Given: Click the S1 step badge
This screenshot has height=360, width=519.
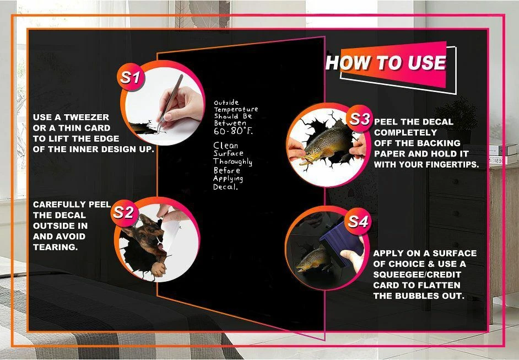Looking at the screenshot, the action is (x=130, y=77).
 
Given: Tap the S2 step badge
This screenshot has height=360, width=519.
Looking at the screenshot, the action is (x=124, y=212).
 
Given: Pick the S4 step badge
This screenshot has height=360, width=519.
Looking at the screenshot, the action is (x=358, y=222).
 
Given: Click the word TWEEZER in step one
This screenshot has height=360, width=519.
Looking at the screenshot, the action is (x=86, y=117).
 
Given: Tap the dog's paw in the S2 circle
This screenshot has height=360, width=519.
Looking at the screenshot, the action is (x=159, y=269).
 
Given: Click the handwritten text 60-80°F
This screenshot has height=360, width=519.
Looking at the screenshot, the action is (x=233, y=131).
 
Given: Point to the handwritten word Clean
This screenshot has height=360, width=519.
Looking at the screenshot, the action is (x=226, y=145).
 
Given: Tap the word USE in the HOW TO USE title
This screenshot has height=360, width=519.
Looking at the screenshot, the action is (x=426, y=63).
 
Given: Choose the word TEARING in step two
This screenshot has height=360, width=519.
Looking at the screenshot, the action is (x=55, y=247).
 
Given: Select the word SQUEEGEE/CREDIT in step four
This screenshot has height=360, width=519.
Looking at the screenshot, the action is (x=417, y=275).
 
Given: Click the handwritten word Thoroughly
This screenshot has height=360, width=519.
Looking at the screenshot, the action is (x=233, y=162).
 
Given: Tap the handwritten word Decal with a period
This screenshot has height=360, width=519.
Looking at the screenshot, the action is (x=226, y=187).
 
